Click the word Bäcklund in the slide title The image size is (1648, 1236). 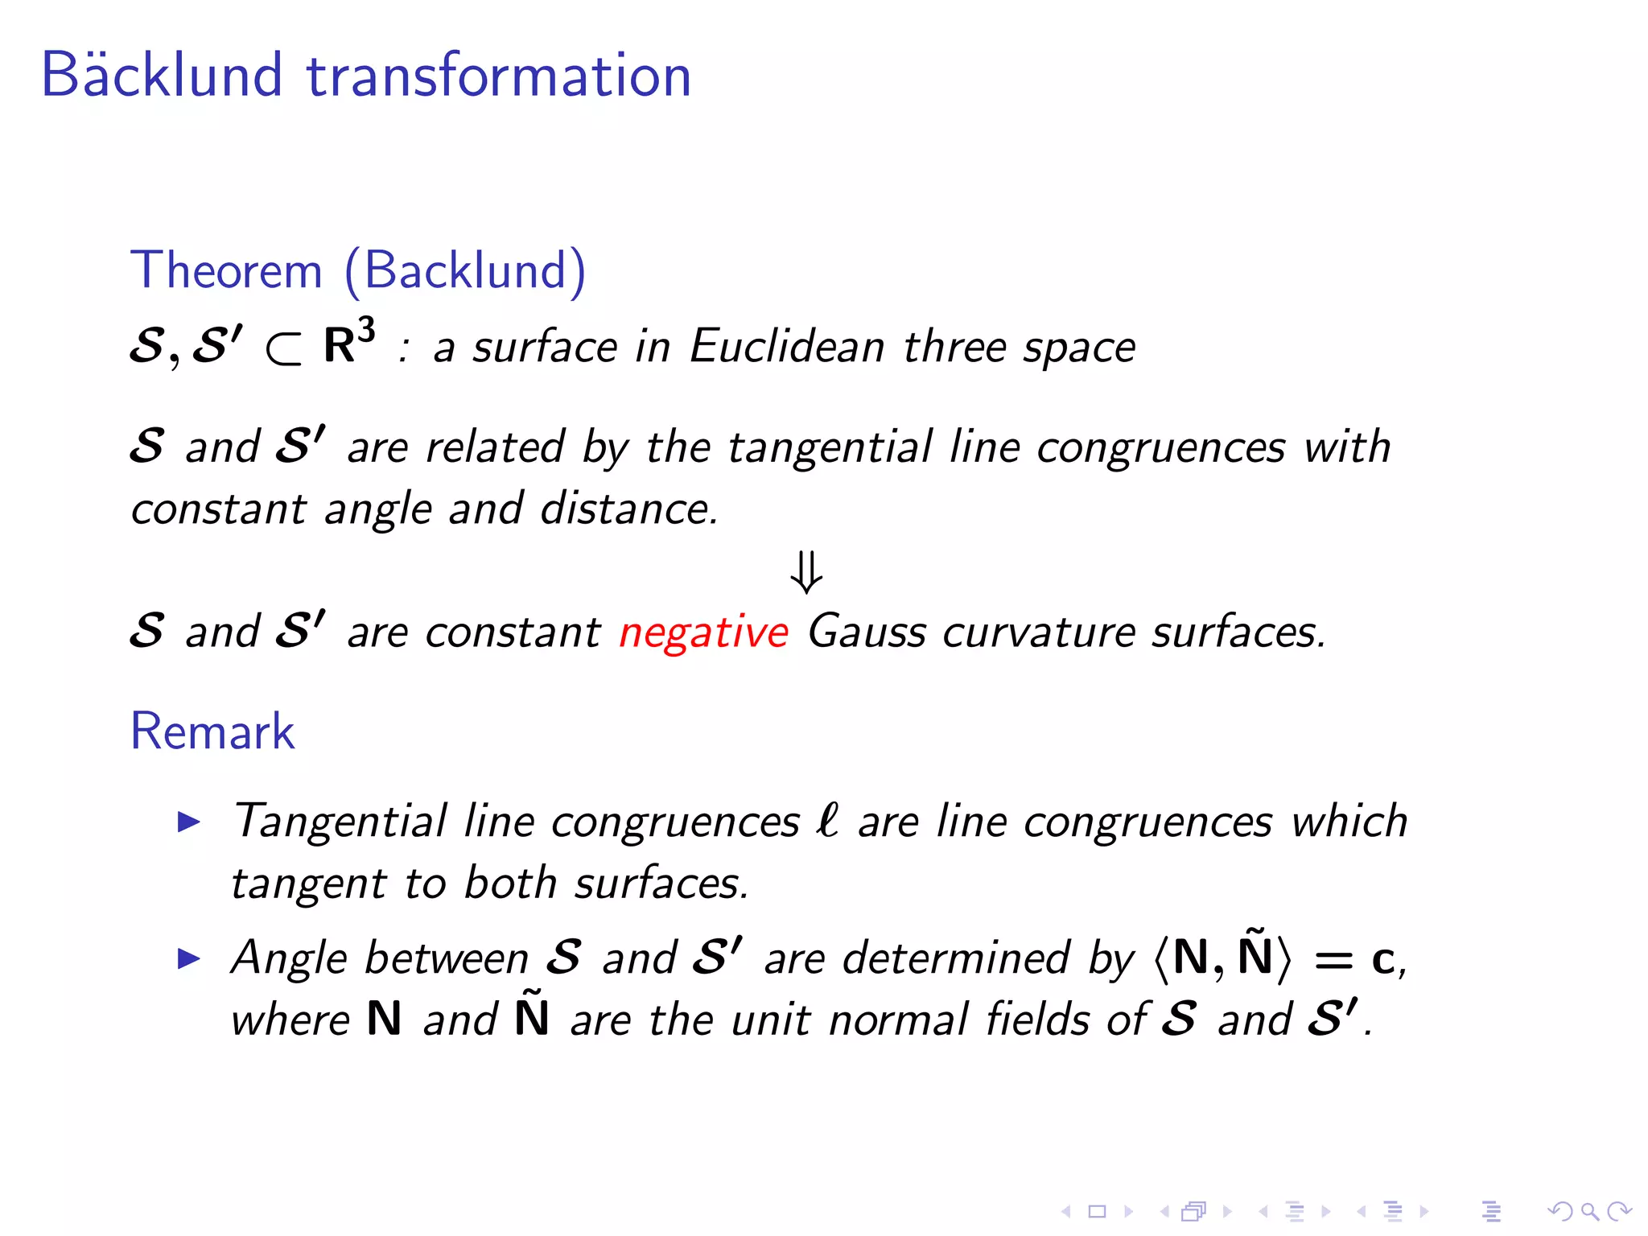click(x=161, y=75)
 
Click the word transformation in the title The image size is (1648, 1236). click(x=499, y=75)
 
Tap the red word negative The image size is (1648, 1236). click(x=703, y=632)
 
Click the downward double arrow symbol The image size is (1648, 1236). click(x=806, y=572)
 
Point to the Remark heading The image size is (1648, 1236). click(x=212, y=731)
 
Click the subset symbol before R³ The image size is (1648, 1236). click(x=284, y=348)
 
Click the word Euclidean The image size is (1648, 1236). click(x=787, y=347)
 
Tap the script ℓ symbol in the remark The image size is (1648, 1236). click(x=827, y=821)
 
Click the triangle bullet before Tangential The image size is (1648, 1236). click(x=188, y=822)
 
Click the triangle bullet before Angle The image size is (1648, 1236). click(x=188, y=958)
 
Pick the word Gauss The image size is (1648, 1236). click(x=867, y=632)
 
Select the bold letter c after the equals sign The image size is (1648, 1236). click(x=1382, y=960)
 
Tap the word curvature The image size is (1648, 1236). click(x=1039, y=632)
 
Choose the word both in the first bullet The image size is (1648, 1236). click(x=510, y=883)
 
